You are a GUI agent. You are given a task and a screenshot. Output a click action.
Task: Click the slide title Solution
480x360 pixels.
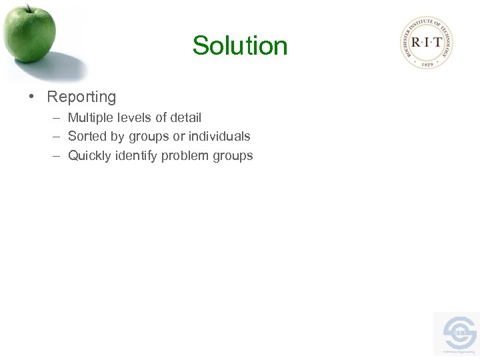pos(240,46)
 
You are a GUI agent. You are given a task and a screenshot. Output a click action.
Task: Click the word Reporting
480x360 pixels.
pos(81,97)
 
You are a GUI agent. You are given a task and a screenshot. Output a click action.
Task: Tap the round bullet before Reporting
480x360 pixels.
pos(31,97)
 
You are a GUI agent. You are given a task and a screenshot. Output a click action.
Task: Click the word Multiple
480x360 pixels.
pos(90,118)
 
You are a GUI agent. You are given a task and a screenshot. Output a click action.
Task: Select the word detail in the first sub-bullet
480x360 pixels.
pos(185,118)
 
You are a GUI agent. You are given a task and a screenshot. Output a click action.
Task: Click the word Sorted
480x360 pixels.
pos(87,137)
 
